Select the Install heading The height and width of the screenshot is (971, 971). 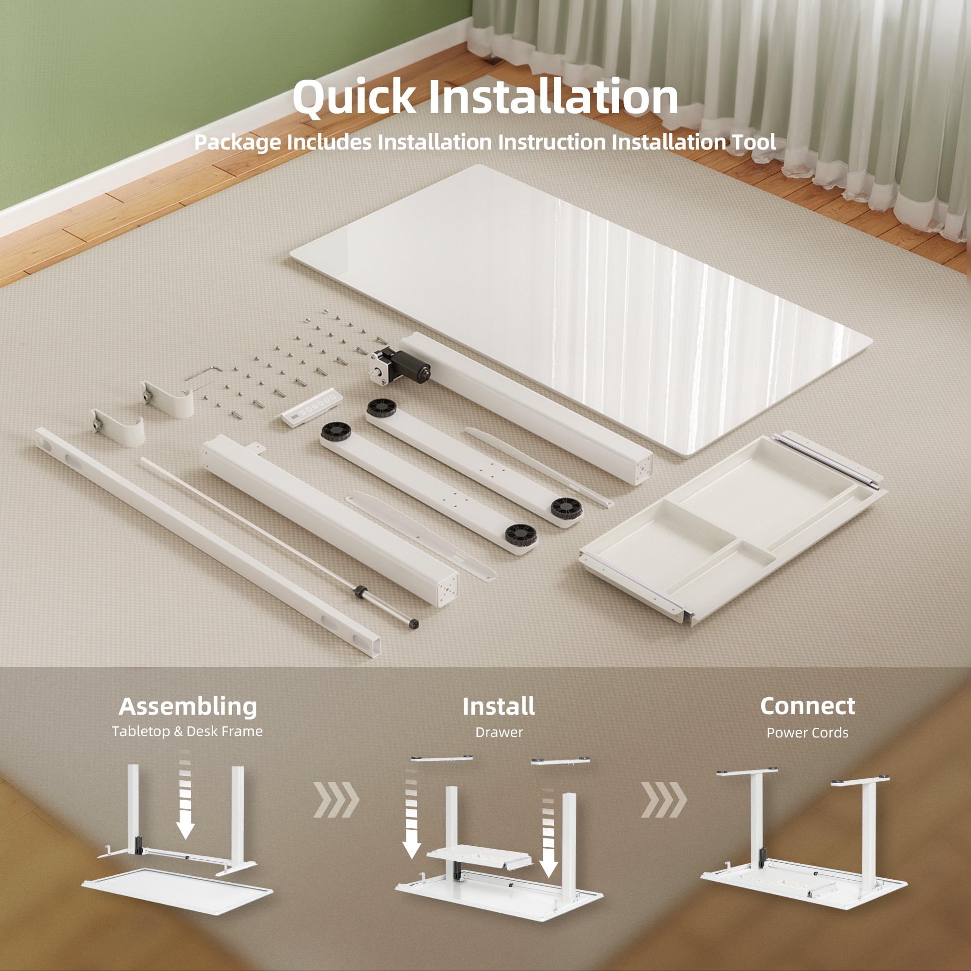[x=499, y=706]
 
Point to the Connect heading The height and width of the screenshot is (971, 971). [x=807, y=706]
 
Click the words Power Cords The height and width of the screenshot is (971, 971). [x=807, y=733]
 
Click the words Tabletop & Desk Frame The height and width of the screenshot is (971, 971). [x=187, y=731]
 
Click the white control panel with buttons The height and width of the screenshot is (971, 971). [x=312, y=408]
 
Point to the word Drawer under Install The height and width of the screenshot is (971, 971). [x=499, y=732]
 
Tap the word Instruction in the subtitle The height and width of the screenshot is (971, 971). [x=552, y=142]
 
